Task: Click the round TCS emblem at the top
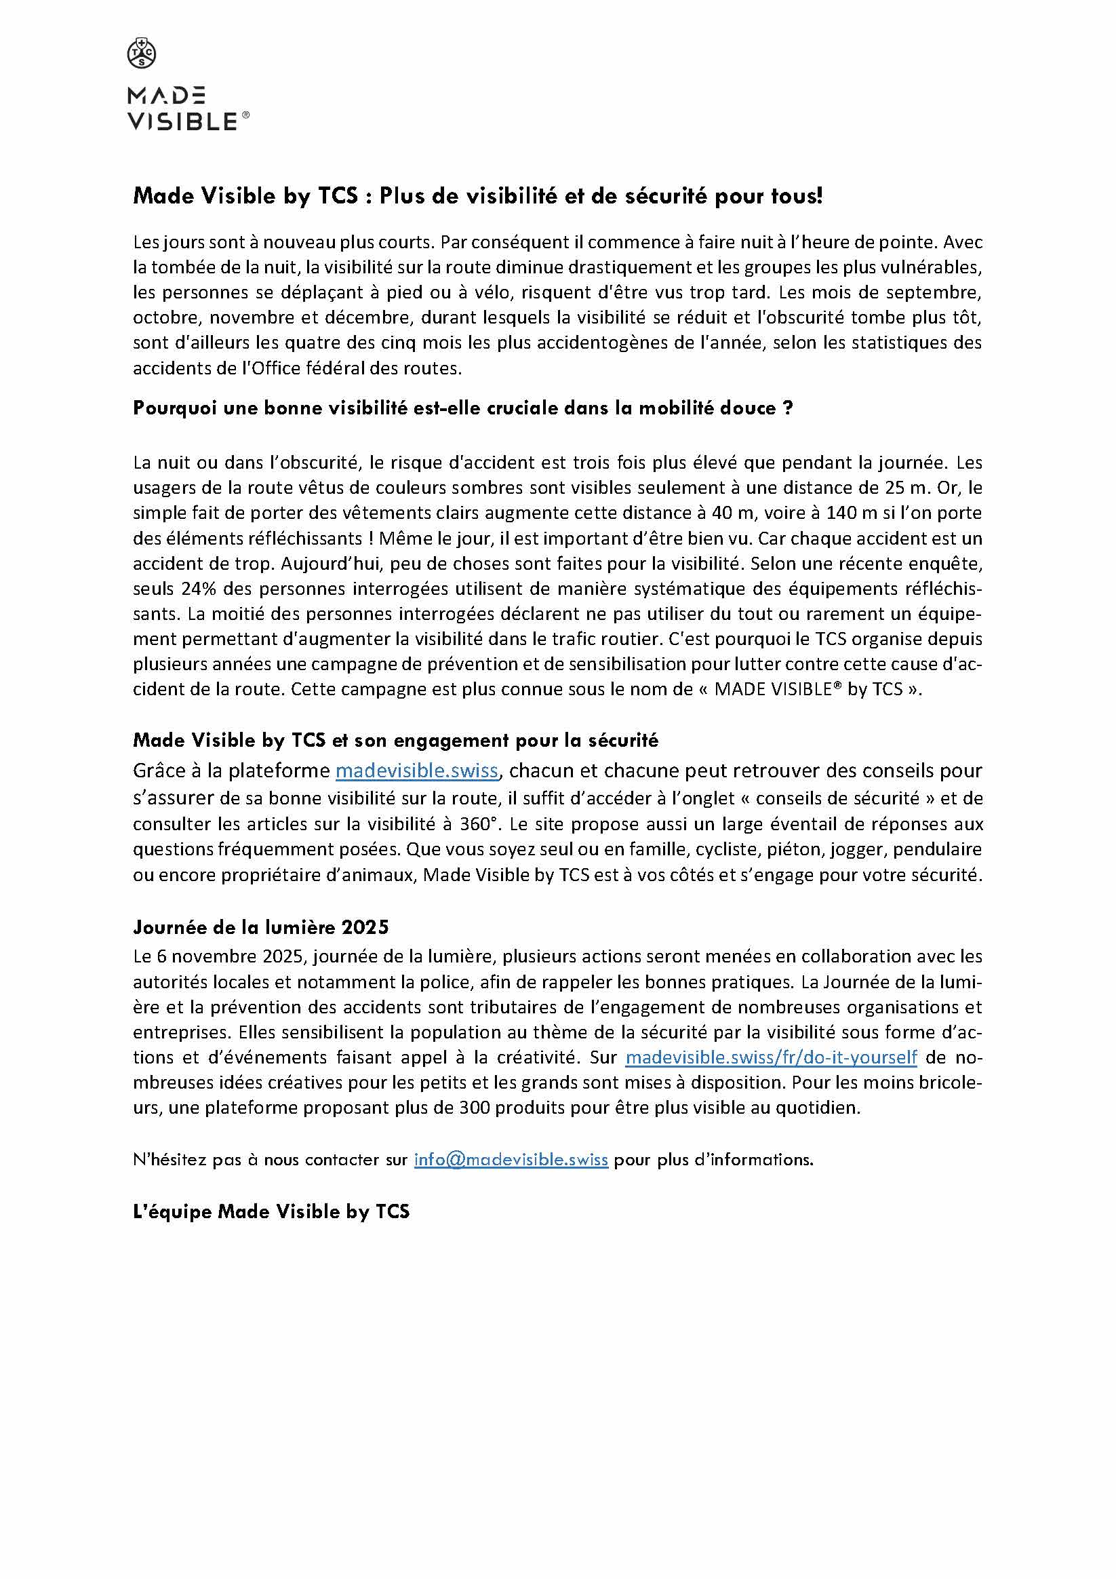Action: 142,54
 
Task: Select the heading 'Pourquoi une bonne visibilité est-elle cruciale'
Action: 463,408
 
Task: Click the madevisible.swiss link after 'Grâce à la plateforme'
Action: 417,771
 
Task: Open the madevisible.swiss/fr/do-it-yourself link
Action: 771,1057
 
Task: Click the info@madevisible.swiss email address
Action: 511,1159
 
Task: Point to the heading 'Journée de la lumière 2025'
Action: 260,927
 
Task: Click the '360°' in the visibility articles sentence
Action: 539,824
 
